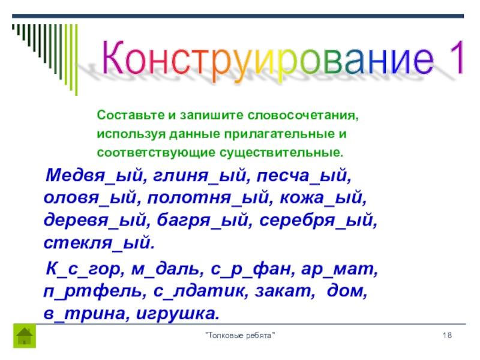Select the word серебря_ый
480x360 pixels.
(318, 221)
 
